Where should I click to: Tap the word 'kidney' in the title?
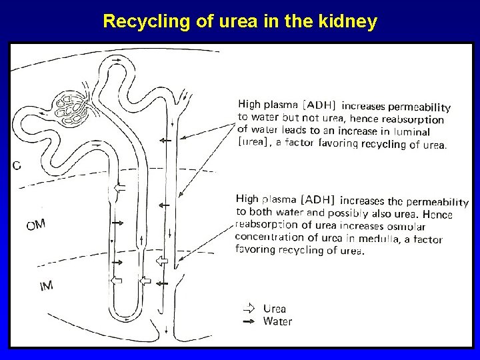tap(348, 21)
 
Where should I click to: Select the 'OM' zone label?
tap(35, 225)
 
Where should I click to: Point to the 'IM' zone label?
tap(46, 286)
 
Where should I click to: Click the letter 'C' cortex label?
tap(17, 165)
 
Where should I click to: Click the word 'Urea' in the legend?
tap(274, 309)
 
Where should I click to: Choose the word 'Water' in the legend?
tap(277, 321)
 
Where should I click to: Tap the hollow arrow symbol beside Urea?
tap(249, 309)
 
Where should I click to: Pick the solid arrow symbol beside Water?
tap(249, 321)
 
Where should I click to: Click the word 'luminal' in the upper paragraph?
tap(412, 132)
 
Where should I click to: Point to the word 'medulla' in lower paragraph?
tap(379, 239)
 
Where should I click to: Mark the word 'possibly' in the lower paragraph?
tap(348, 213)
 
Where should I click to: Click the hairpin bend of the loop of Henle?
tap(125, 312)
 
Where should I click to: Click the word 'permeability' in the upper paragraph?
tap(419, 107)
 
